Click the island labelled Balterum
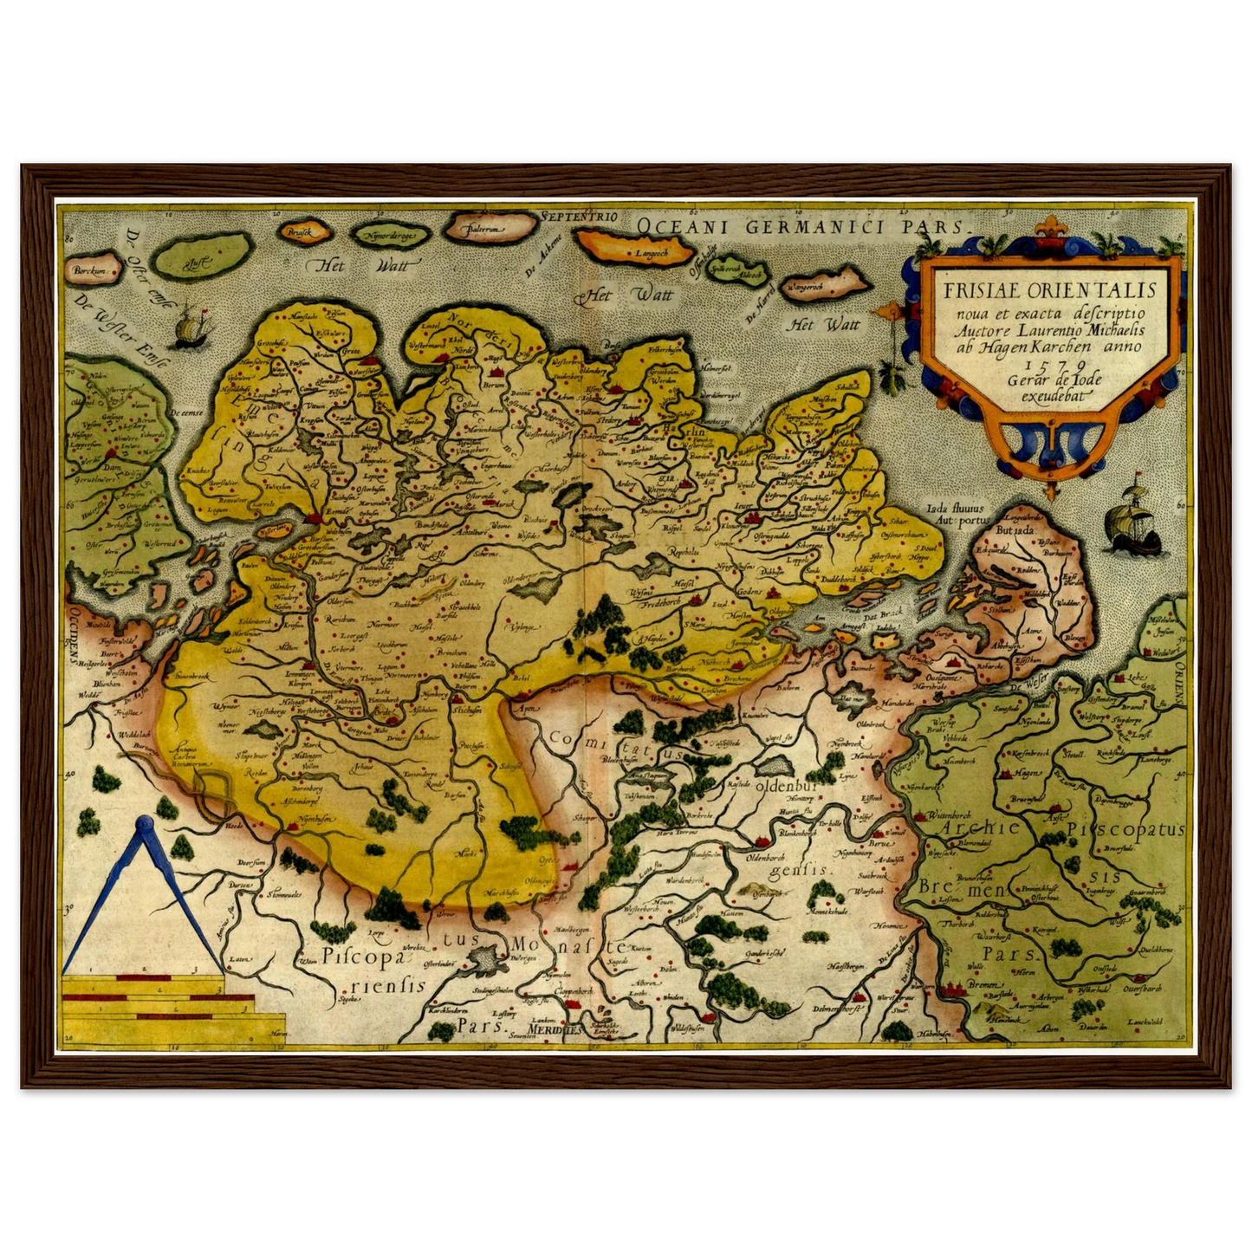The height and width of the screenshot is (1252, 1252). [x=488, y=229]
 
